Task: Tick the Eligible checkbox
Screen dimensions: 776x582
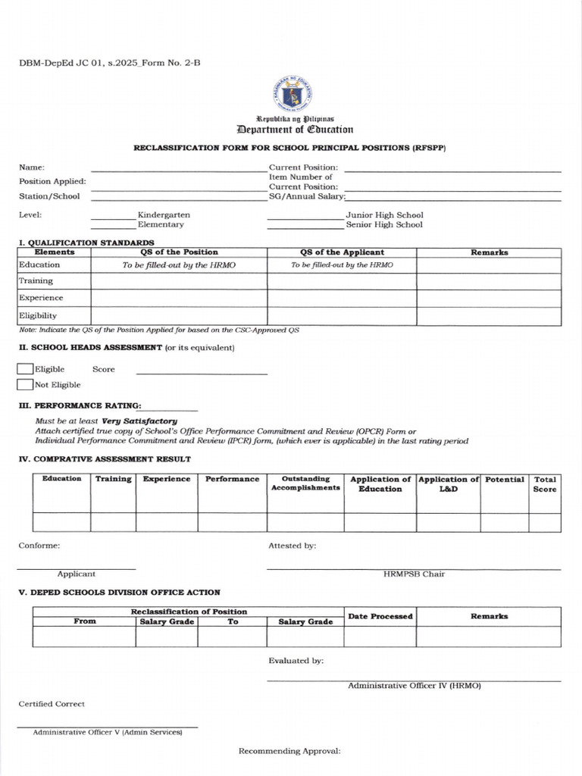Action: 25,369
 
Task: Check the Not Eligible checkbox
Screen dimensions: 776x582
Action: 25,384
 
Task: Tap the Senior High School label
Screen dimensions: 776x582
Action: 384,224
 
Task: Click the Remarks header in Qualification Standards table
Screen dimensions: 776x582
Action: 489,252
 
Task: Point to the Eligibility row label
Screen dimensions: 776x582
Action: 38,315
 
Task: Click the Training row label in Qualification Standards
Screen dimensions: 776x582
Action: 36,280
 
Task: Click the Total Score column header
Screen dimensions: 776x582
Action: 545,483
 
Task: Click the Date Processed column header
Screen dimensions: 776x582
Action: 380,616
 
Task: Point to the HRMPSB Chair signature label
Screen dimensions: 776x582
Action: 414,574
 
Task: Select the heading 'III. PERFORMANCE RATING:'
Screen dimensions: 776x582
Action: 80,405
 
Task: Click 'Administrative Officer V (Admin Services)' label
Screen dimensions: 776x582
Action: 108,733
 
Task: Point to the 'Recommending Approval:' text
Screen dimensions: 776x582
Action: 289,751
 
